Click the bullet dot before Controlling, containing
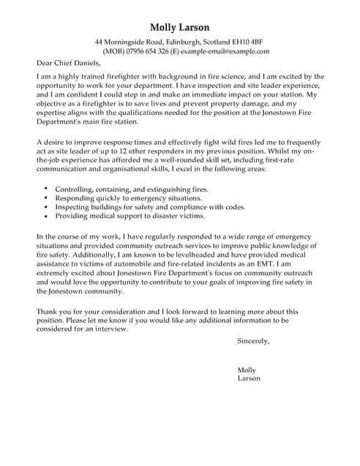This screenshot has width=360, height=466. [48, 188]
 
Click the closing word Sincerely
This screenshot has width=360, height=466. [254, 341]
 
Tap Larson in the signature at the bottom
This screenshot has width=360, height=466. [250, 378]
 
